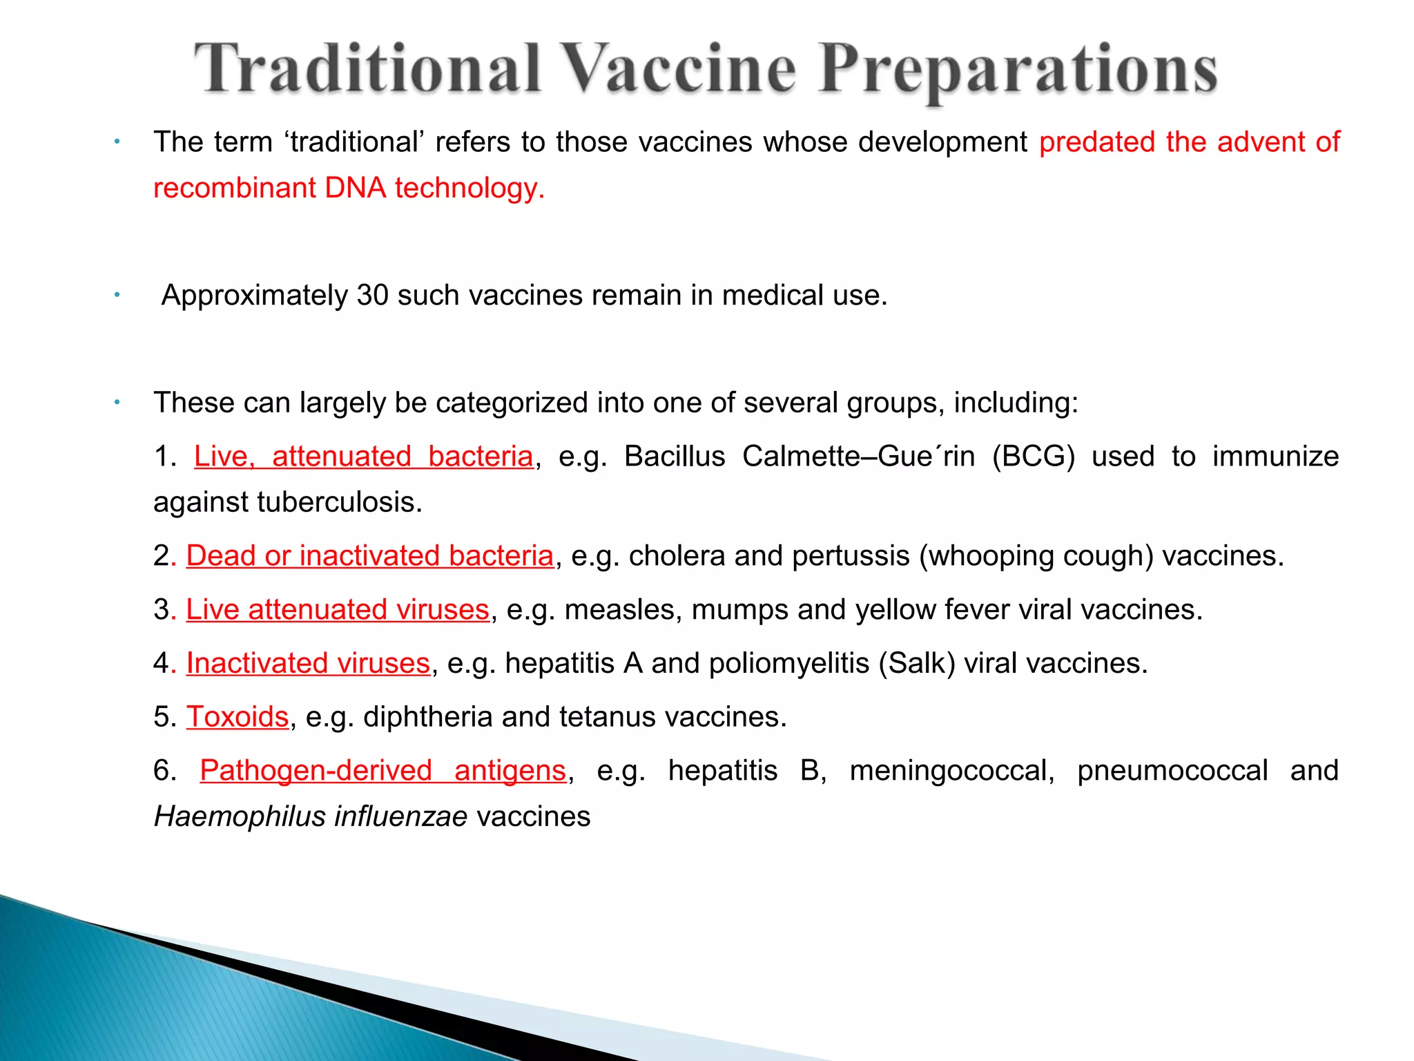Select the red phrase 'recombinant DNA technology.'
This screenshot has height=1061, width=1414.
[x=349, y=188]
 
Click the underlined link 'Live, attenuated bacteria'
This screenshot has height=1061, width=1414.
[x=364, y=457]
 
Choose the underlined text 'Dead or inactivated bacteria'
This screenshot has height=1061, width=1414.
[x=369, y=556]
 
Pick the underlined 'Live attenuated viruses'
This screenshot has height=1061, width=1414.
[x=338, y=610]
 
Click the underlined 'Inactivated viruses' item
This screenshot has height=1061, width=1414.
[x=308, y=663]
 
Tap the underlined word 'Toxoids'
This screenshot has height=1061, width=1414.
[x=238, y=717]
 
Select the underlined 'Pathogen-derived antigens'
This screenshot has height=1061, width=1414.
[x=383, y=771]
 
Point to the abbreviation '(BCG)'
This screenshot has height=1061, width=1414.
[x=1034, y=457]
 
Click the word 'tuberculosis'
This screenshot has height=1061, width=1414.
[x=339, y=502]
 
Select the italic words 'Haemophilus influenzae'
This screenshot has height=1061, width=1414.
[x=311, y=816]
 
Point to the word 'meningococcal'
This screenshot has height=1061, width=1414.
[x=952, y=771]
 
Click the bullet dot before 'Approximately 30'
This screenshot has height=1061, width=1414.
[x=117, y=296]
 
